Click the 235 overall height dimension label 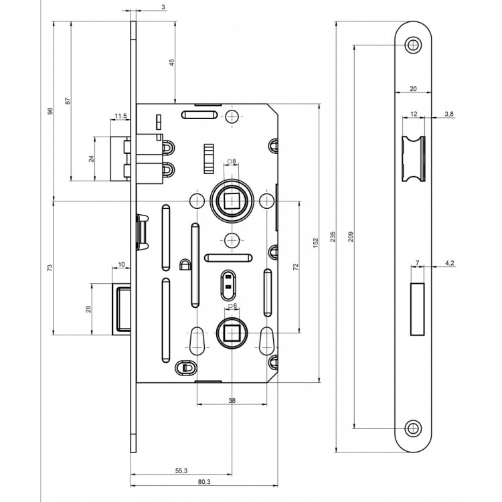click(x=333, y=236)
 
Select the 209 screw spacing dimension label click(x=351, y=236)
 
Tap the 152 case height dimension click(x=316, y=243)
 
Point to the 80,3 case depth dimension click(x=204, y=482)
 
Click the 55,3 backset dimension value click(x=181, y=471)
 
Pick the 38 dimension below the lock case click(x=232, y=400)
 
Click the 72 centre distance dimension click(x=295, y=266)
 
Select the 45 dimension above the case click(x=172, y=62)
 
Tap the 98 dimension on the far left click(x=50, y=110)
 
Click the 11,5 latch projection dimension click(x=120, y=116)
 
